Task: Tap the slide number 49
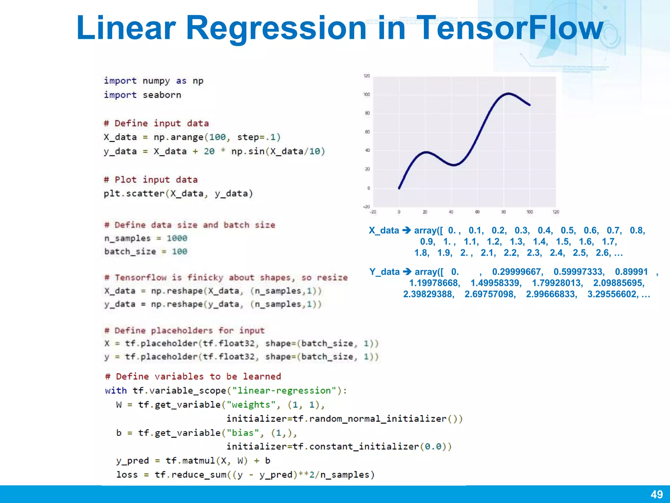point(657,494)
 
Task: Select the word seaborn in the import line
point(162,95)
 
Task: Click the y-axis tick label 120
point(367,76)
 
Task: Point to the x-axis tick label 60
point(477,212)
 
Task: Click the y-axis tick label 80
point(367,113)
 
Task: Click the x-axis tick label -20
point(373,212)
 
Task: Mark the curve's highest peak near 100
point(509,94)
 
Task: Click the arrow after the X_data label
point(407,230)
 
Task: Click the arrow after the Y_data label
point(407,271)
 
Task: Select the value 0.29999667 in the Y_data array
point(518,272)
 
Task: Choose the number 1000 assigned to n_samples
point(177,238)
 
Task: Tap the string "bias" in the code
point(243,433)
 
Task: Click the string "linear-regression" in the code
point(284,391)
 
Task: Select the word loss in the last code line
point(127,475)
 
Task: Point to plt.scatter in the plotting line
point(134,194)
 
